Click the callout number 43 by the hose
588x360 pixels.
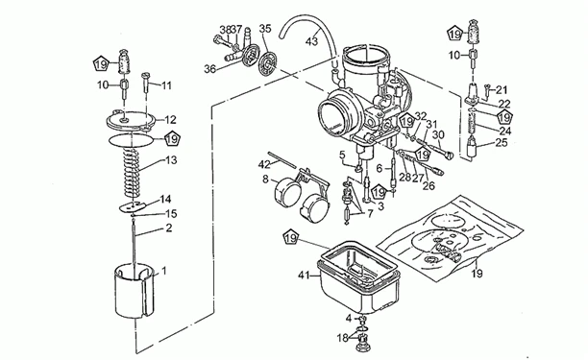tap(310, 41)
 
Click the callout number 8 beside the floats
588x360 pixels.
tap(265, 179)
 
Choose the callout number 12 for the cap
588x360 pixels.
tap(170, 120)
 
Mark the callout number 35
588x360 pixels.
tap(265, 28)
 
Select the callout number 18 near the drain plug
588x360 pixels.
tap(343, 337)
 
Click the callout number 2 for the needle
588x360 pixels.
tap(169, 228)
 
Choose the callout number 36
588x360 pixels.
tap(210, 68)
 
